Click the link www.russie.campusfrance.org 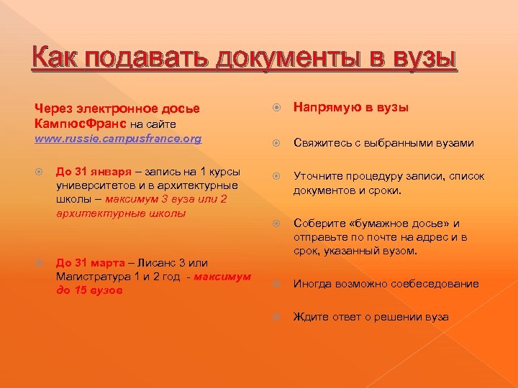point(118,138)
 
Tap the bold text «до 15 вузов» point(89,290)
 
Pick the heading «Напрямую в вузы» point(350,107)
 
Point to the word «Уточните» point(319,176)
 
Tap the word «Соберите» point(319,224)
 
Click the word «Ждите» point(309,317)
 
